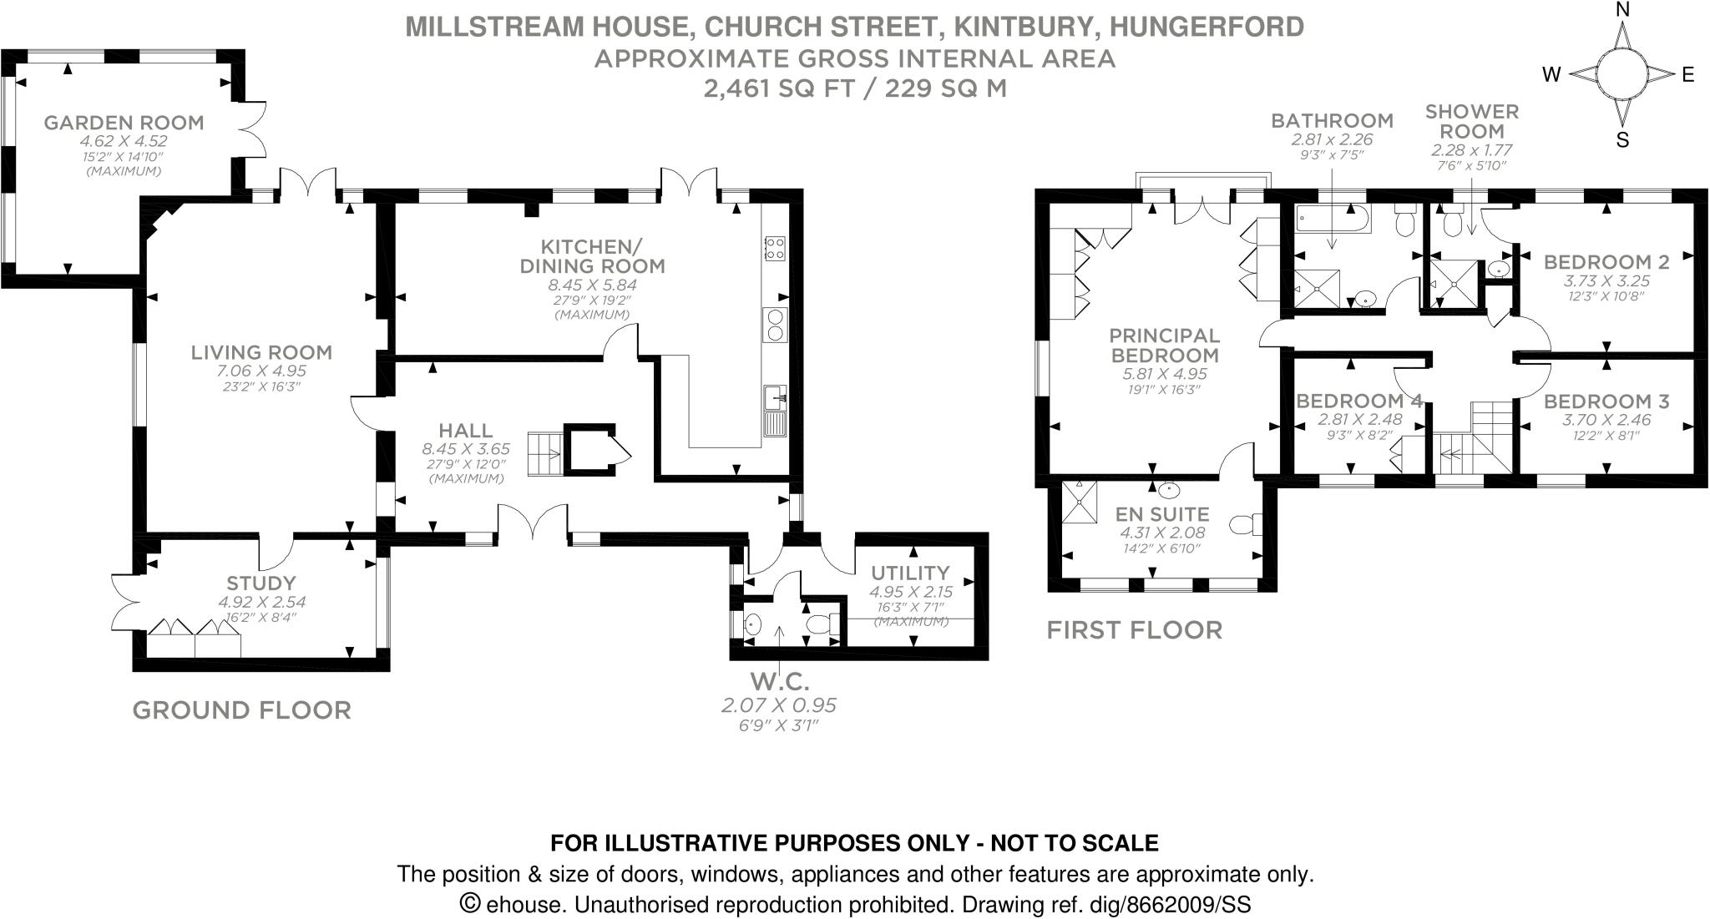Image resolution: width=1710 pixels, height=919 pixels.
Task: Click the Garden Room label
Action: point(124,123)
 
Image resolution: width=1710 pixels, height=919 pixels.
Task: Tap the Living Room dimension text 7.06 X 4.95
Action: point(261,371)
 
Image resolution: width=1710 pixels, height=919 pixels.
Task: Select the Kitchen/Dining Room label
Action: point(592,256)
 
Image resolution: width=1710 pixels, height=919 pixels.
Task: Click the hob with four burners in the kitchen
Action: point(775,247)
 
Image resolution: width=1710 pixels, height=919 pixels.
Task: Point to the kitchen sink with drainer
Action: point(776,412)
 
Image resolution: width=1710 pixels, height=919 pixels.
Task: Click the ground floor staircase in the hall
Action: point(545,454)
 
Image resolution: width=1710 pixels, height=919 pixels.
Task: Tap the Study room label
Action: point(261,583)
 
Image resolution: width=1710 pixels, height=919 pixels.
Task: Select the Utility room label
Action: point(910,573)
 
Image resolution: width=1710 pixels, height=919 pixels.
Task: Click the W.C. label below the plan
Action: point(779,682)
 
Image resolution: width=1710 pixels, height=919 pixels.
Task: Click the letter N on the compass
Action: point(1622,10)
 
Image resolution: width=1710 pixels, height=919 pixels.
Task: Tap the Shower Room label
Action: point(1472,121)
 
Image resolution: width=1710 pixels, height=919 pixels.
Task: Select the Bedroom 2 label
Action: point(1606,262)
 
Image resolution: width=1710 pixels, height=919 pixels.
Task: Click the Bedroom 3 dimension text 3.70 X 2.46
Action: point(1606,420)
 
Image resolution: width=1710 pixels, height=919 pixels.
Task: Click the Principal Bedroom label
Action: point(1164,345)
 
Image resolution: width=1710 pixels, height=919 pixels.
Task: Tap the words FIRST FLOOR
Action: point(1135,630)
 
